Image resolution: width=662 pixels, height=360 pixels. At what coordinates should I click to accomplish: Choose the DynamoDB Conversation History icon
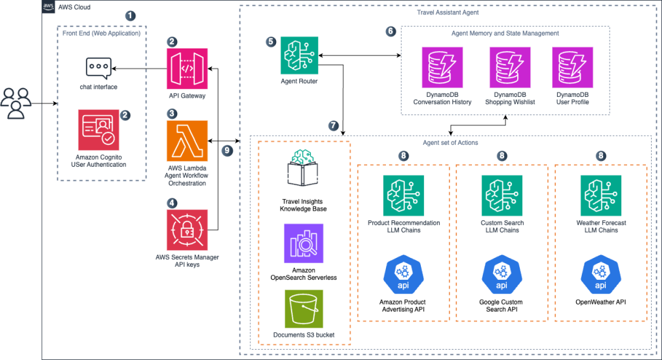[x=442, y=67]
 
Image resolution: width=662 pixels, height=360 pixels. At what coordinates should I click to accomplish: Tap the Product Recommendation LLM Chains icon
[x=403, y=195]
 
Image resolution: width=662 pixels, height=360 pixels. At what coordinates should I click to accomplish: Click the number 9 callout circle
[x=226, y=150]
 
